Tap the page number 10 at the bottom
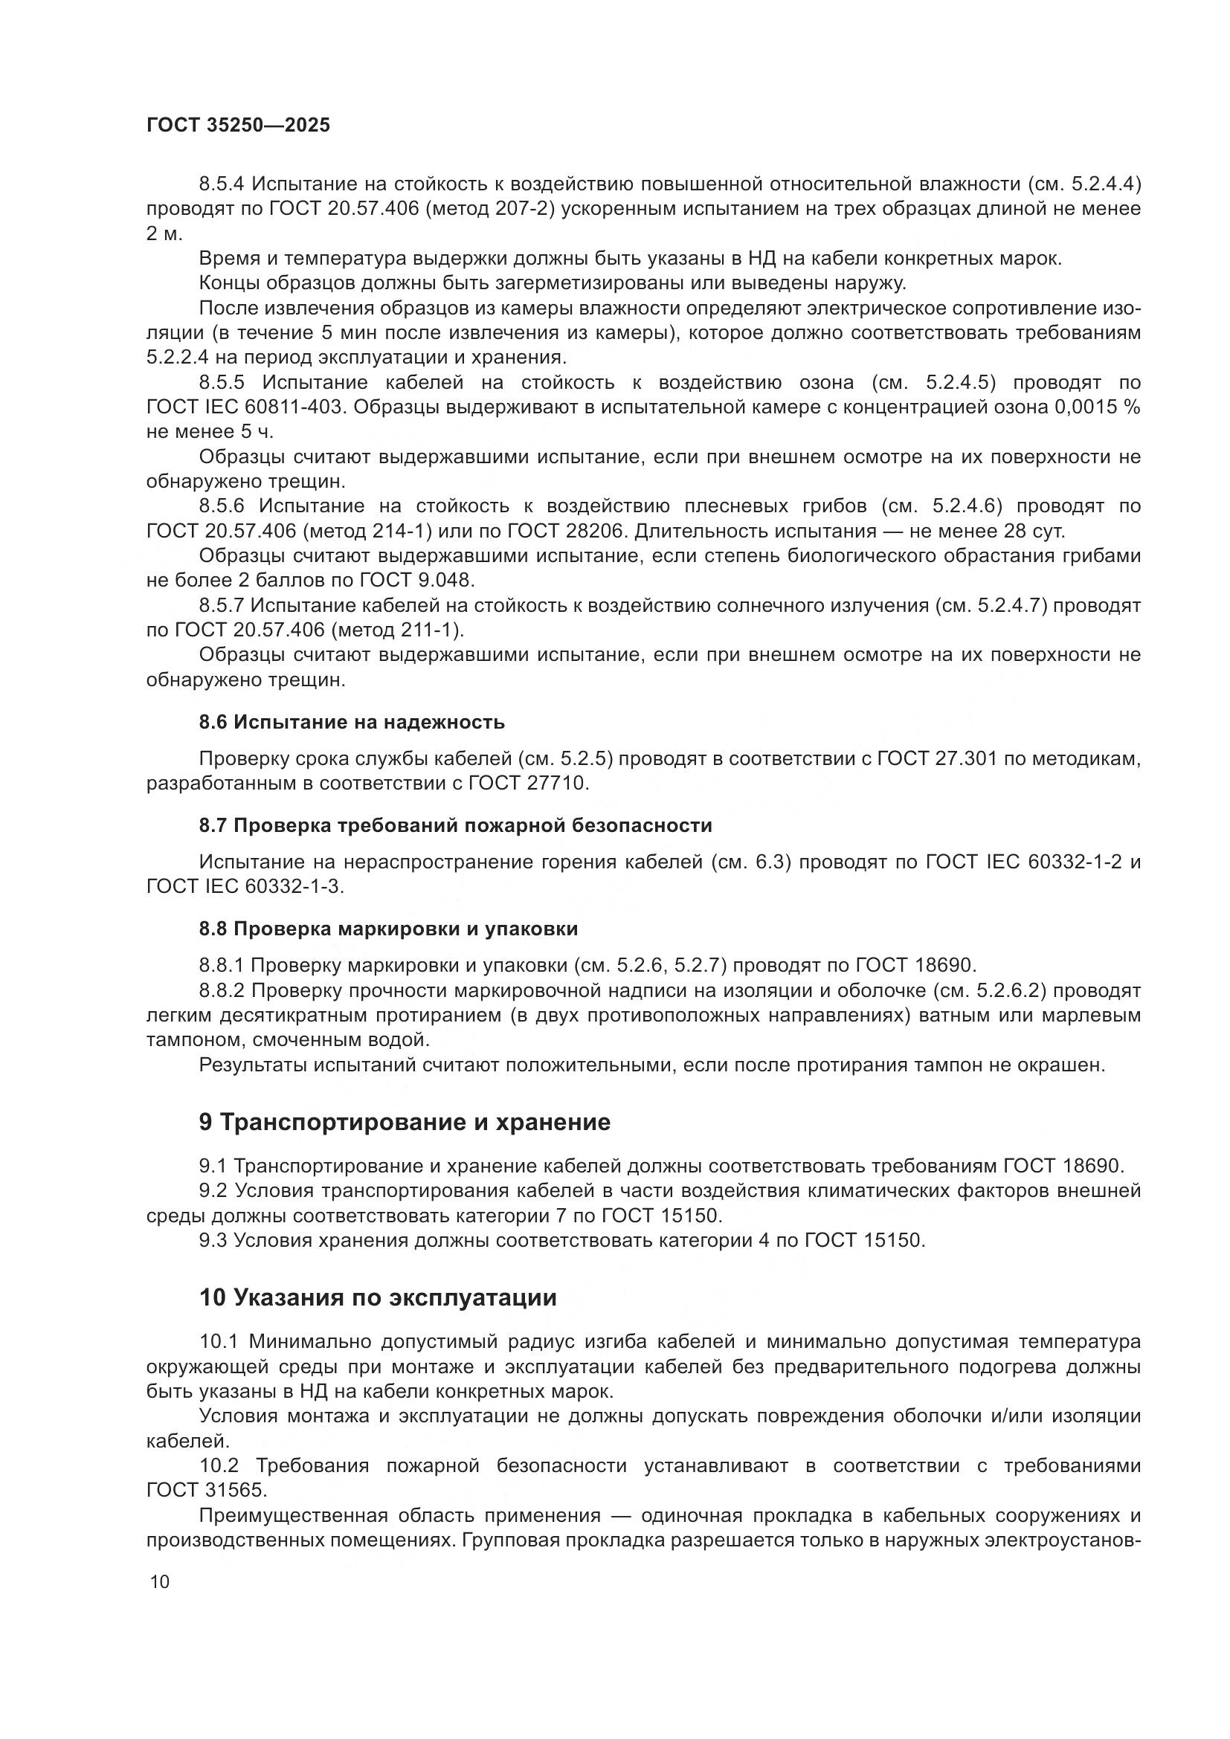click(160, 1582)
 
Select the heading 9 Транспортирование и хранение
click(405, 1122)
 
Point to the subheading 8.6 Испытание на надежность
click(352, 722)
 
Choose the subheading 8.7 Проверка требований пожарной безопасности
click(455, 825)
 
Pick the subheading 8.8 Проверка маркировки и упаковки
click(388, 929)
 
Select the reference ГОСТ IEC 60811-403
click(245, 407)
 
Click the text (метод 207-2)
click(492, 208)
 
